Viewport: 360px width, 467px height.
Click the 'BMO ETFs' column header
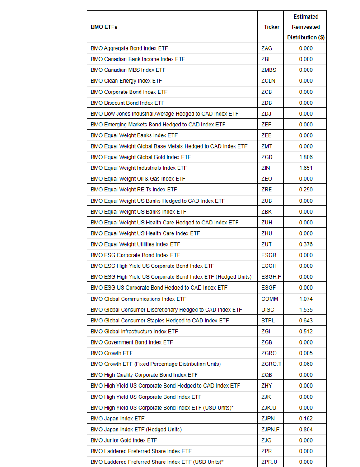[x=104, y=27]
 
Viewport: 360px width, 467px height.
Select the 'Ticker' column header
[x=271, y=27]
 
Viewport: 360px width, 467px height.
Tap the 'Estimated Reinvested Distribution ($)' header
[x=305, y=27]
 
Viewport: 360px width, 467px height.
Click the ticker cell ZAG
[x=266, y=48]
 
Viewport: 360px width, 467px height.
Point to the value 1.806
[x=305, y=157]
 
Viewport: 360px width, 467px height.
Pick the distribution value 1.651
[x=305, y=168]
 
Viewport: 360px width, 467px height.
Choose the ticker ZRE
[x=266, y=190]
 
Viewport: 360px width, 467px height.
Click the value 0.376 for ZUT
[x=305, y=244]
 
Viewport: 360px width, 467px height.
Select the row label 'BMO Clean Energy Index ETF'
[x=126, y=81]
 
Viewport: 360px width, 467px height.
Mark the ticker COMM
[x=270, y=299]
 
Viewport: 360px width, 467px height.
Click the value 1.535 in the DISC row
[x=305, y=310]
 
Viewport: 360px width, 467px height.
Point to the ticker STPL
[x=268, y=321]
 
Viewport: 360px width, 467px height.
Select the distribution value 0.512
[x=305, y=332]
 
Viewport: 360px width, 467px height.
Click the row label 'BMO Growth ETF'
[x=112, y=353]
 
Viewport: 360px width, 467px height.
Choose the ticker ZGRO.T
[x=271, y=364]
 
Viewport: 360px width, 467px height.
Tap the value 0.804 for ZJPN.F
[x=305, y=430]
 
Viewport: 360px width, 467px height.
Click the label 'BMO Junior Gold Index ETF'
[x=124, y=440]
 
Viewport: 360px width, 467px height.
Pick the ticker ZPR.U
[x=269, y=462]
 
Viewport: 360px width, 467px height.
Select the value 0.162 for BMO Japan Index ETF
[x=305, y=419]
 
